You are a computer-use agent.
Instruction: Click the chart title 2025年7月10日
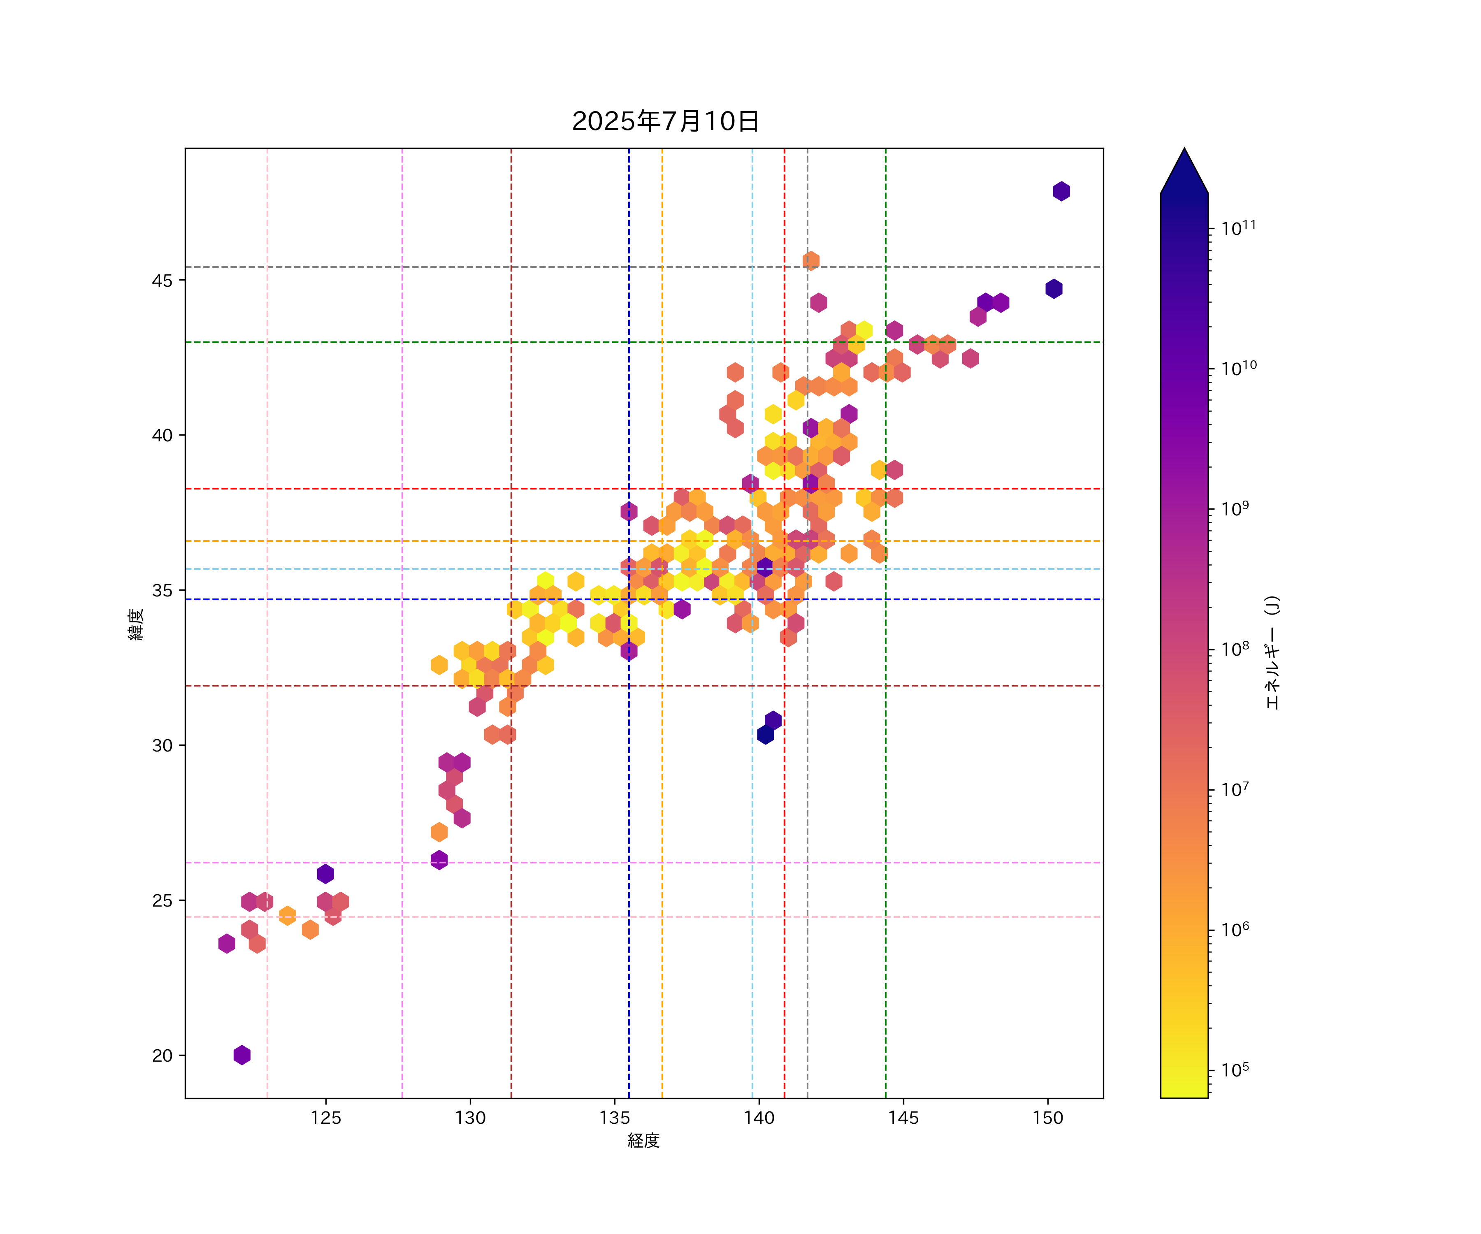point(665,121)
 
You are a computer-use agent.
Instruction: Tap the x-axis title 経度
point(643,1140)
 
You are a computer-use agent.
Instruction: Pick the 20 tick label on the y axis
point(162,1055)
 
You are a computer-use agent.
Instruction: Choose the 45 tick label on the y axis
point(162,281)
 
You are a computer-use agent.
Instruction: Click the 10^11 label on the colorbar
point(1238,228)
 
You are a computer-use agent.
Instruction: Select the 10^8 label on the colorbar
point(1235,648)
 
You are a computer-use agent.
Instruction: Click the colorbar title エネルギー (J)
point(1272,652)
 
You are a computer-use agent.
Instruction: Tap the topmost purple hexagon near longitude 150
point(1061,191)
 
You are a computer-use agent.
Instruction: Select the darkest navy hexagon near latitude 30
point(765,735)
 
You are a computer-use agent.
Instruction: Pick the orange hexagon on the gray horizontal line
point(811,261)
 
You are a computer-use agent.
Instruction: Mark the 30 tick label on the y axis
point(162,745)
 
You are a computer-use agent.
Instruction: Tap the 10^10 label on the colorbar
point(1238,367)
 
